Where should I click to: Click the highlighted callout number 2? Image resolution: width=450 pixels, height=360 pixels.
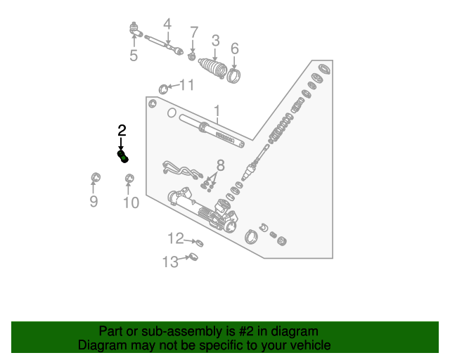(x=122, y=130)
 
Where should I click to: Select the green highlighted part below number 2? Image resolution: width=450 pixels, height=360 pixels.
(x=123, y=156)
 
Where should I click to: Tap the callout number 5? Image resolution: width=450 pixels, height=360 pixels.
(x=134, y=55)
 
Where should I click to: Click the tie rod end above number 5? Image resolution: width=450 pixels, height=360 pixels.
(x=135, y=30)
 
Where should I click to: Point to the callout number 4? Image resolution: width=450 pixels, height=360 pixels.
(x=167, y=25)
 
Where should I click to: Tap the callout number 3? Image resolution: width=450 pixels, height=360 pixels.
(x=216, y=40)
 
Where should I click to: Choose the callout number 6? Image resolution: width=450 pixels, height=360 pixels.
(x=235, y=49)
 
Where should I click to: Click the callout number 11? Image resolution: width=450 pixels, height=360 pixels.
(x=186, y=85)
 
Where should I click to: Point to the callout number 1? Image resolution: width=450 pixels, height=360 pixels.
(x=217, y=111)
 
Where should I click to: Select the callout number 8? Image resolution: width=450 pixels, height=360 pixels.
(x=220, y=166)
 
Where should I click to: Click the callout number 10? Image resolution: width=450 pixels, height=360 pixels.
(x=131, y=203)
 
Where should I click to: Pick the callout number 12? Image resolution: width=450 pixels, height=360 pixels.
(x=175, y=238)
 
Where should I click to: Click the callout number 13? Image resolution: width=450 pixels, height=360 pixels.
(x=170, y=262)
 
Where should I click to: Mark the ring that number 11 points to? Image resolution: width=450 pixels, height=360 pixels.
(x=165, y=87)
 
